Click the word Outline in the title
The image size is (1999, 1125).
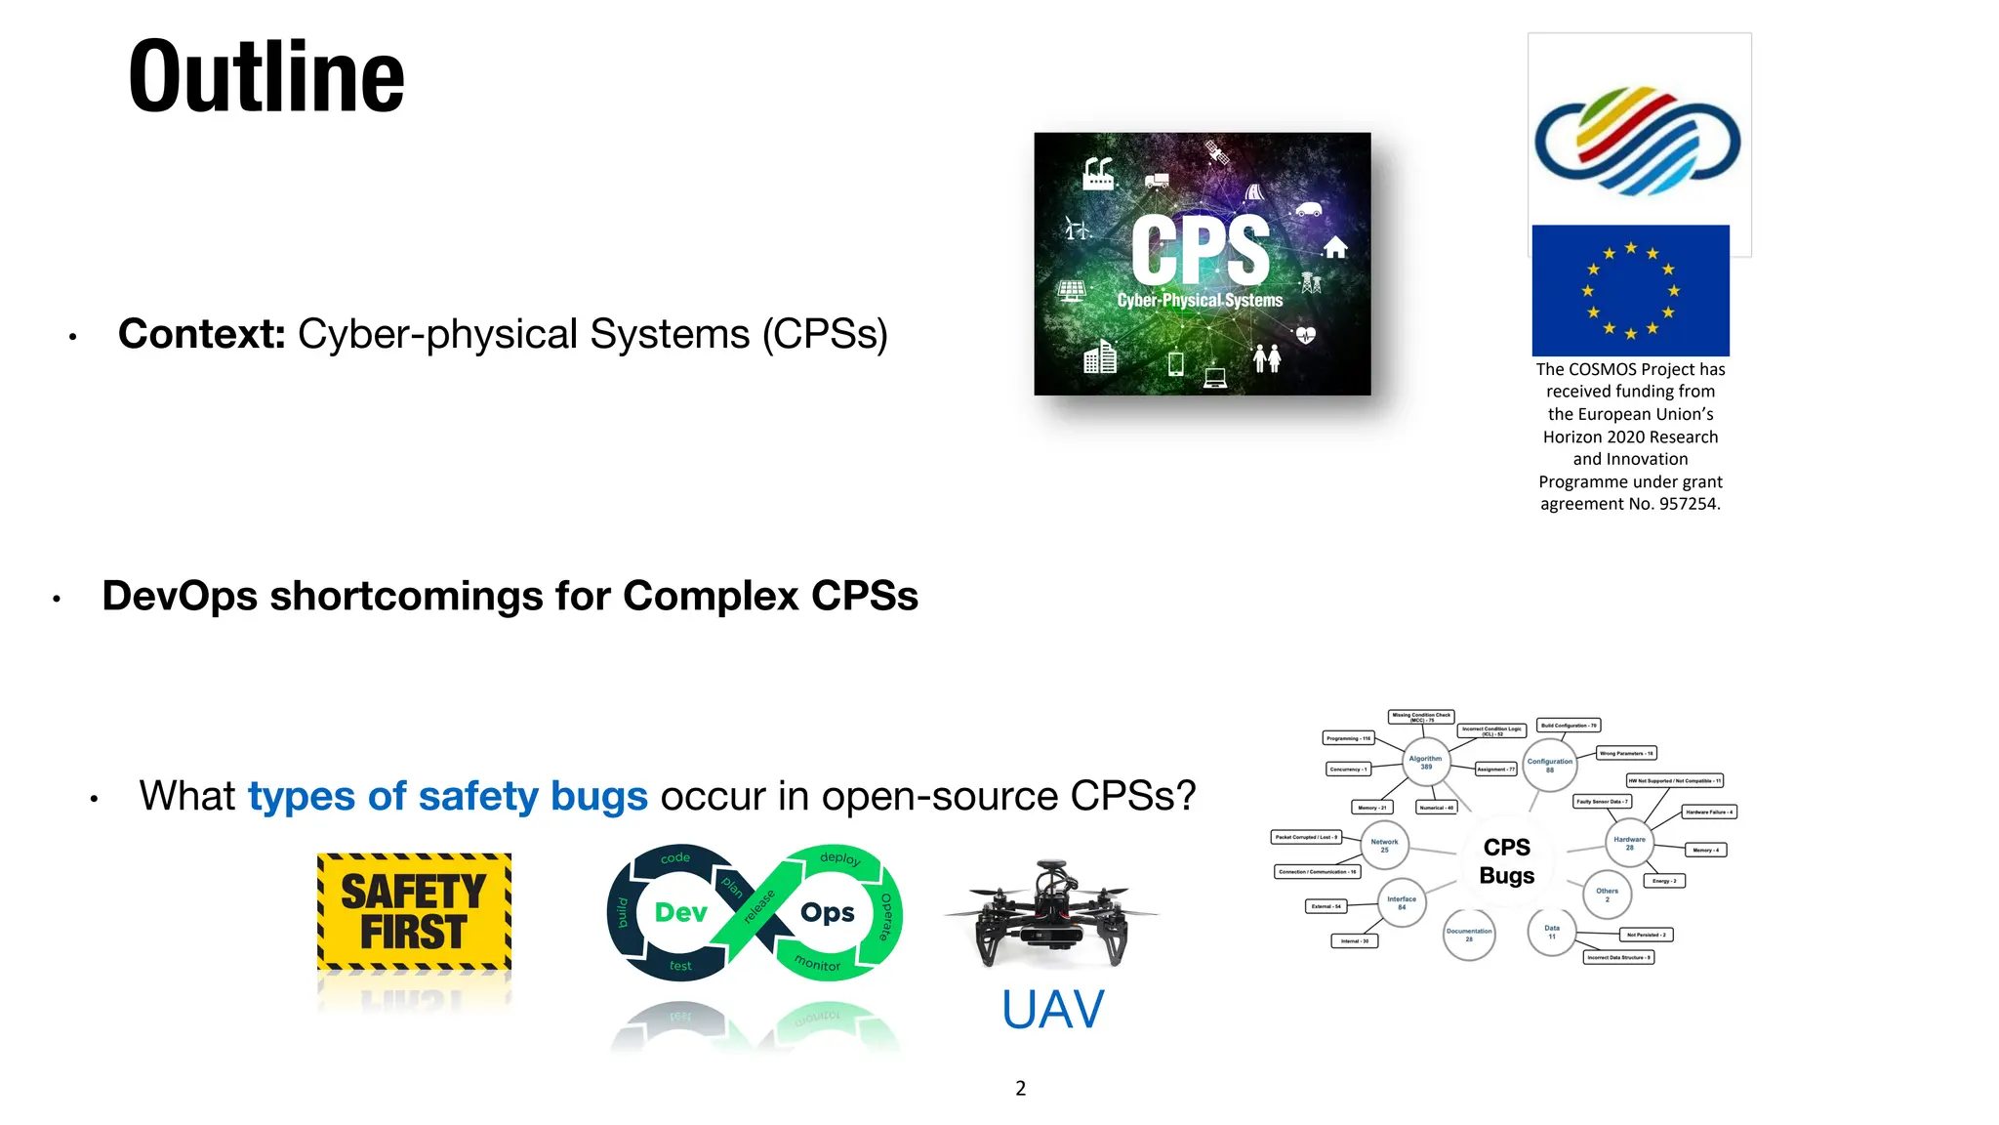click(x=265, y=78)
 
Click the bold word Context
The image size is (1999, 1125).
click(x=201, y=334)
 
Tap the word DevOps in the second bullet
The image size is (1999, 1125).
click(x=180, y=596)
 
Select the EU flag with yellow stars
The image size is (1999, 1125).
click(x=1630, y=290)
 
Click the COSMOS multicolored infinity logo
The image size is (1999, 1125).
click(x=1638, y=142)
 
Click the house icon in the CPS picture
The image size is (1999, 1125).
click(x=1335, y=247)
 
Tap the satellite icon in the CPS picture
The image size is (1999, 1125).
click(x=1216, y=152)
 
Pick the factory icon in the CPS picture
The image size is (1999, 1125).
click(x=1098, y=175)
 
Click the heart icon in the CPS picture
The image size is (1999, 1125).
click(x=1306, y=335)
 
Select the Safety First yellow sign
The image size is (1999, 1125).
click(x=414, y=912)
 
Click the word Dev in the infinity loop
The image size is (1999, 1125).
click(x=680, y=912)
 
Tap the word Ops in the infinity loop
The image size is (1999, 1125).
click(x=827, y=912)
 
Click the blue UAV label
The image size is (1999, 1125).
click(x=1052, y=1010)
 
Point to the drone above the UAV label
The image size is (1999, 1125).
click(x=1050, y=912)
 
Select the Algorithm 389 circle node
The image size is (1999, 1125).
click(x=1425, y=762)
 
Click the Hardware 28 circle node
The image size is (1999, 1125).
click(x=1629, y=843)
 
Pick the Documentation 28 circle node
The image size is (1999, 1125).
click(x=1469, y=935)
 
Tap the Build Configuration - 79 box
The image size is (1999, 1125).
click(x=1569, y=726)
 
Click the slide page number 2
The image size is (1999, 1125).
click(x=1020, y=1088)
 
